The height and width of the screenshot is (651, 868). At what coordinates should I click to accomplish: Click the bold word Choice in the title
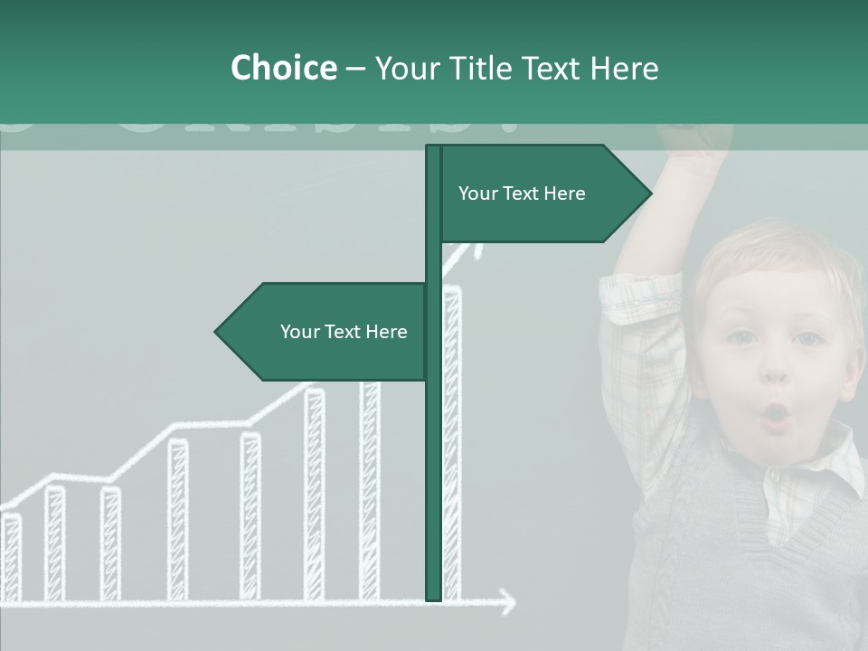283,68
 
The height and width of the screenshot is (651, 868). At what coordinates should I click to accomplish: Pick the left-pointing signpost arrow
321,332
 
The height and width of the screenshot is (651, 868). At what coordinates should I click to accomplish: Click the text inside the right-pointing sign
522,193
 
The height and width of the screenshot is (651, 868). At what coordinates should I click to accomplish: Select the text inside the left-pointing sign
344,332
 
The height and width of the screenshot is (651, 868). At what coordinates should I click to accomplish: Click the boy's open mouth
776,415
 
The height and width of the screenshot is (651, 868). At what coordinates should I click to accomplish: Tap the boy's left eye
808,338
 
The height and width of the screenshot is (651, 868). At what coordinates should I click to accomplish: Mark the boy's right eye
741,337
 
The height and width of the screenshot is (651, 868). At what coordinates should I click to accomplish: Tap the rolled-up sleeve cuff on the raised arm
640,298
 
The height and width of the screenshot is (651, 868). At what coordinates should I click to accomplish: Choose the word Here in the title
624,68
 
